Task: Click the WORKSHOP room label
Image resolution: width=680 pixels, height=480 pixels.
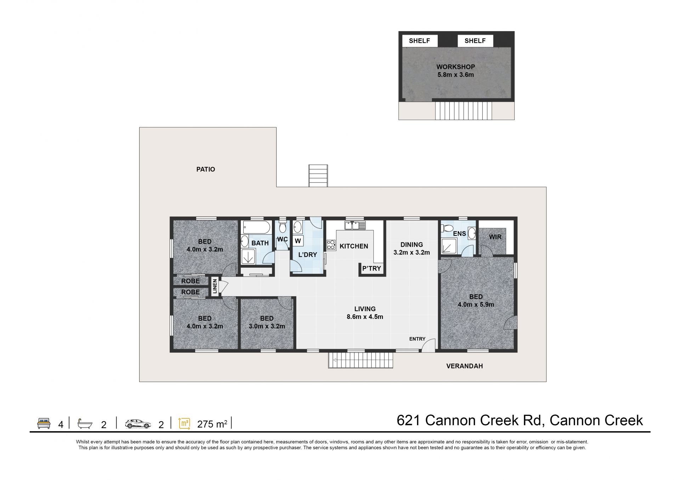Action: point(455,67)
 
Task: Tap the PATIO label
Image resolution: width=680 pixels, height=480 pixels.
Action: point(206,170)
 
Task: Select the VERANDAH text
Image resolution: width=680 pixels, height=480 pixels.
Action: point(464,366)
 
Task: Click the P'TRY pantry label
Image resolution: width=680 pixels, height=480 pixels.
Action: point(372,268)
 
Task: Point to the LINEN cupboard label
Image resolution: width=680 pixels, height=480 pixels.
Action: point(215,286)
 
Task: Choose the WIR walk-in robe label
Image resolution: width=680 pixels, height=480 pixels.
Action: point(495,237)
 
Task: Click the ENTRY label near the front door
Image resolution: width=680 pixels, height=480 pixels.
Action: point(417,339)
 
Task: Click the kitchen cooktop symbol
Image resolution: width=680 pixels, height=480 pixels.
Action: point(331,245)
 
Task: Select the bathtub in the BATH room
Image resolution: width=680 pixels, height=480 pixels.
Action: point(256,227)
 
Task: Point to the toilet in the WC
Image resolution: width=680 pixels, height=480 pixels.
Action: point(282,227)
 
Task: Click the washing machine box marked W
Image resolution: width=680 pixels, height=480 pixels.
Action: point(298,241)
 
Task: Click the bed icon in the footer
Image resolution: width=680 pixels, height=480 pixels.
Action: point(44,423)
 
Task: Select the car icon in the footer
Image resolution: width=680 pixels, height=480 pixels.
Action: point(138,424)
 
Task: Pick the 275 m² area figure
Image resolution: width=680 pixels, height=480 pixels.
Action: point(212,424)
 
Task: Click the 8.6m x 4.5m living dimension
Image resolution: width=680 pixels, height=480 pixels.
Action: point(365,317)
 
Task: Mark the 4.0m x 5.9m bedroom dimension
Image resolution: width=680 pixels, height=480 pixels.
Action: point(476,304)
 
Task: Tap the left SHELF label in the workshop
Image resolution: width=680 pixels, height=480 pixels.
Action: point(419,41)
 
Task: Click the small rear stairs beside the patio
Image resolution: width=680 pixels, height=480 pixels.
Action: point(318,176)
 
